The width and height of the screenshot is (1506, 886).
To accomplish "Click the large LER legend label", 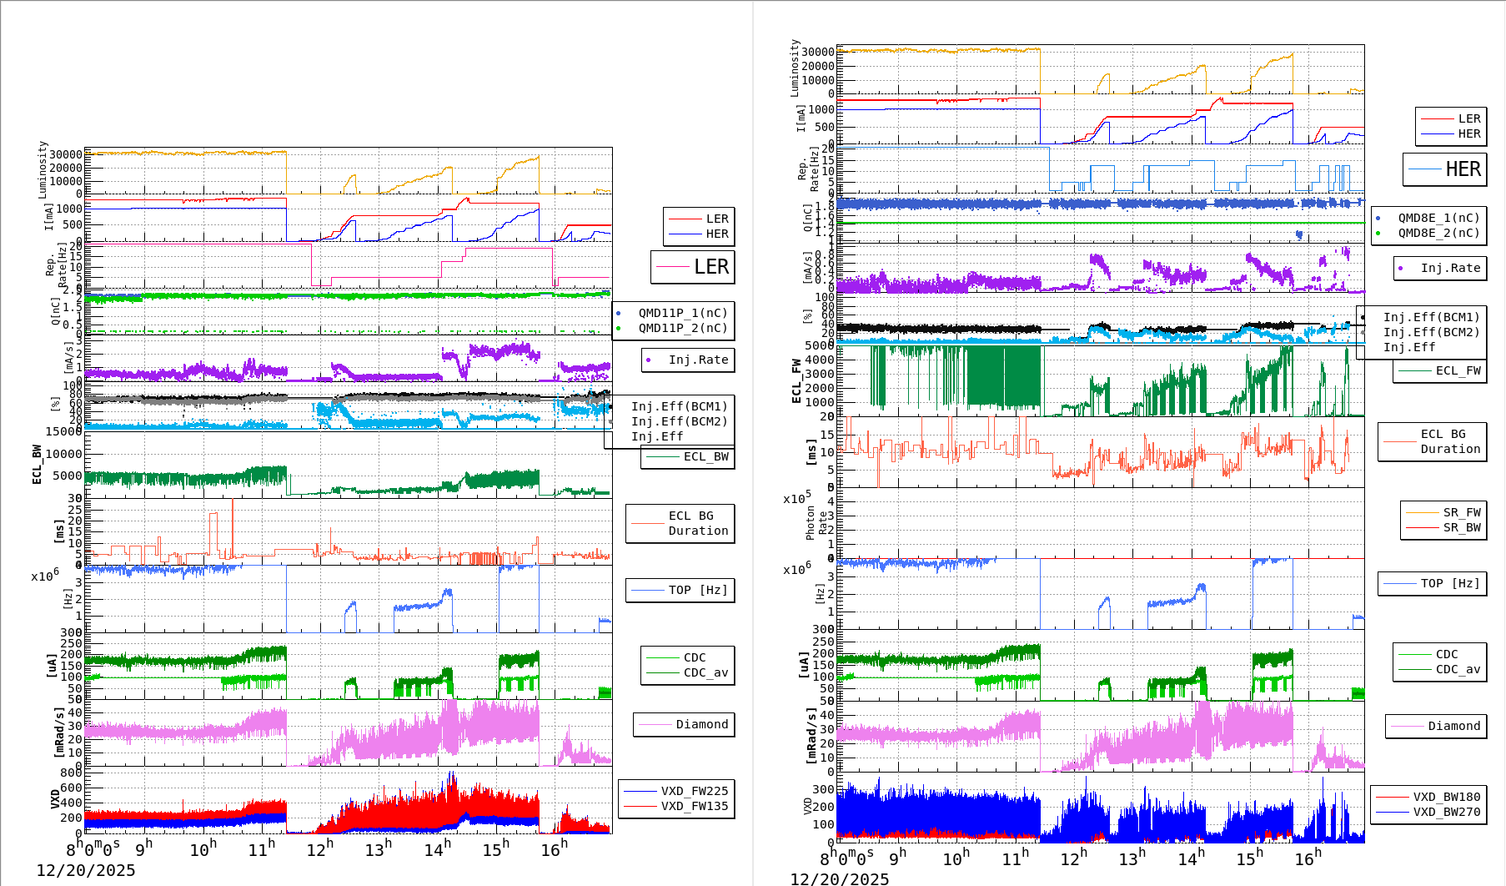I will [710, 267].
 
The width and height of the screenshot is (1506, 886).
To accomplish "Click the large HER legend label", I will [1463, 169].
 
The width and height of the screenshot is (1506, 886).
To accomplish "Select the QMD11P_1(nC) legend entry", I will [682, 313].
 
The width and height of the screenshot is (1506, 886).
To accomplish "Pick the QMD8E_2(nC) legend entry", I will [1438, 233].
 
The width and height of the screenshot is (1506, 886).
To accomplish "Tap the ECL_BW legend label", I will [705, 456].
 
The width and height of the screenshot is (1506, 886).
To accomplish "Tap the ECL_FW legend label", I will [1458, 370].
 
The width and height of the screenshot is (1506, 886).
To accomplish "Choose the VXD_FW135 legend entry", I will [694, 806].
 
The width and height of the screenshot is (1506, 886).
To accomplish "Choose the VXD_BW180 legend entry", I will [1446, 797].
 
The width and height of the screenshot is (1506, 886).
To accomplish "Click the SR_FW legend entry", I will [1462, 512].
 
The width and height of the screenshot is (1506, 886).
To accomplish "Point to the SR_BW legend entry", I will [1462, 527].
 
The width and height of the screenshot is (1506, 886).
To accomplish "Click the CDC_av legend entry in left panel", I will [705, 672].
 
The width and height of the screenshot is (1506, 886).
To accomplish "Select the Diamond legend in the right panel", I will [1453, 726].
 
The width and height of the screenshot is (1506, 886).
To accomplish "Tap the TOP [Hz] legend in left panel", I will [697, 590].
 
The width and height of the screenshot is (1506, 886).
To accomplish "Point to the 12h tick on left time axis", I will [319, 848].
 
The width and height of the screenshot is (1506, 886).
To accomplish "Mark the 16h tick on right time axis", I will [1307, 858].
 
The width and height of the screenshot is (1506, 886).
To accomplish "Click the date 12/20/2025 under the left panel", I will [86, 870].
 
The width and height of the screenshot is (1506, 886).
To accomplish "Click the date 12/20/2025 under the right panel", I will [840, 878].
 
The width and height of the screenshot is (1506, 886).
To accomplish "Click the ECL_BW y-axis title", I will [38, 464].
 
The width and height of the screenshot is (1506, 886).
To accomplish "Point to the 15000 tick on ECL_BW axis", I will [63, 431].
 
